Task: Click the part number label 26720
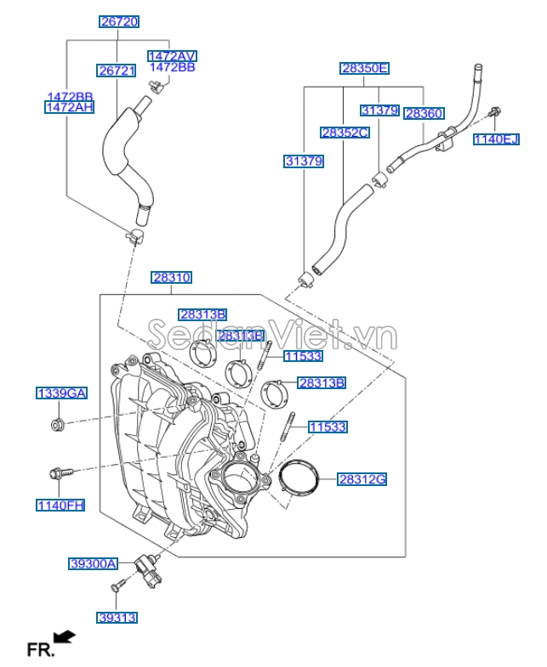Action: coord(119,21)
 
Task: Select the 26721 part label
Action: coord(116,71)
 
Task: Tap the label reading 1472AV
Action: coord(171,55)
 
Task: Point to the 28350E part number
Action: coord(364,68)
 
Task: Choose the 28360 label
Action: coord(423,113)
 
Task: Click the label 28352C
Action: coord(345,133)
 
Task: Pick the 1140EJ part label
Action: coord(495,139)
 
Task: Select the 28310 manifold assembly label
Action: coord(172,277)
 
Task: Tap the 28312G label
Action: coord(362,479)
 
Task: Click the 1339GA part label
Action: coord(61,393)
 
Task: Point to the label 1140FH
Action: coord(60,506)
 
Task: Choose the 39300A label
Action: coord(93,563)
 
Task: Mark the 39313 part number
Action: coord(117,618)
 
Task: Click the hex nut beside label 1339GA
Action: coord(57,424)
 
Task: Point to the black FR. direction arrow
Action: coord(64,636)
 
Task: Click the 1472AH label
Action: coord(69,107)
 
